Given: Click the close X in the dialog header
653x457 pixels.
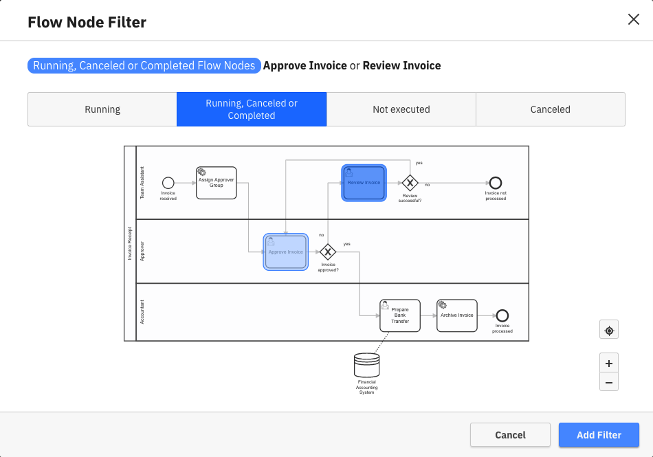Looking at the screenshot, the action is (634, 19).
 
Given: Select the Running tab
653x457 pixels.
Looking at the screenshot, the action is (102, 109).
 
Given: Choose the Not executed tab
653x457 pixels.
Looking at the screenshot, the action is (401, 109).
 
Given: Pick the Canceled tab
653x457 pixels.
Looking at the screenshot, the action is (550, 109).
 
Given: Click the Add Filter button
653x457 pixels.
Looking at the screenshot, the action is (599, 435).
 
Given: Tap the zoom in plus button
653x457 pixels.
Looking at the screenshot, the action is (609, 364).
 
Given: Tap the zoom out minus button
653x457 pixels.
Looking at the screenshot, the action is (609, 382).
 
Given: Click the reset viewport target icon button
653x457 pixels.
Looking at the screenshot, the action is (609, 331).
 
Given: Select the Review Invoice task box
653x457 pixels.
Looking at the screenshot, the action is (364, 183).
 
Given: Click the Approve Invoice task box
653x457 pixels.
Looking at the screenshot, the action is (286, 252).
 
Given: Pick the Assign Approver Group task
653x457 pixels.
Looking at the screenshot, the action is (217, 183).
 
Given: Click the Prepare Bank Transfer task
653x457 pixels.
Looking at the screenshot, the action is (400, 315).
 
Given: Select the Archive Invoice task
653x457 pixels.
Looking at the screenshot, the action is (457, 315).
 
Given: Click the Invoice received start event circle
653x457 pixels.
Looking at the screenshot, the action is (168, 183).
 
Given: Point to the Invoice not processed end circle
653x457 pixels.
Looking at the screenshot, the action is (496, 183).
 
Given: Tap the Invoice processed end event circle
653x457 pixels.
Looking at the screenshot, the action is (502, 315).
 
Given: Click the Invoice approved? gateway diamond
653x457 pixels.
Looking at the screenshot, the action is (328, 252).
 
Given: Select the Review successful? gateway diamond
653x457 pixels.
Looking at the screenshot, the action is (410, 183).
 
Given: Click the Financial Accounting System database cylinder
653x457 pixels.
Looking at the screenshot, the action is (366, 365).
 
